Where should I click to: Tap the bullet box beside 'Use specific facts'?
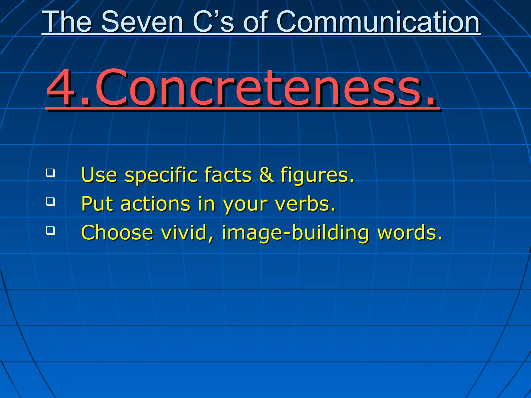coord(50,173)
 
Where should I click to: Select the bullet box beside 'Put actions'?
coord(50,201)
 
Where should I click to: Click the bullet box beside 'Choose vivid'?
coord(50,230)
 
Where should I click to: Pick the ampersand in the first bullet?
coord(266,175)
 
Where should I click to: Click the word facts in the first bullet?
coord(228,175)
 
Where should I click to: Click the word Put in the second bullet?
coord(97,204)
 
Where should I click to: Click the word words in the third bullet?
coord(410,233)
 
